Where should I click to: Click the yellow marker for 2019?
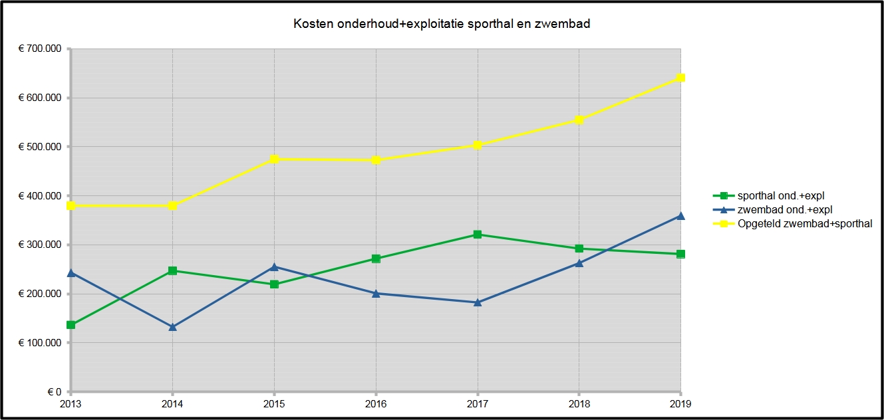[680, 78]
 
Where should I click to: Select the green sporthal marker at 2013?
[71, 325]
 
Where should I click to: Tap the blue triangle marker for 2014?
[172, 327]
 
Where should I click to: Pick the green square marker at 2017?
[478, 235]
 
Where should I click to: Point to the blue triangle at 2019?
[680, 215]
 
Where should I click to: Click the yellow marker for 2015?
[274, 159]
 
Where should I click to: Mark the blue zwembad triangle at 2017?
[478, 302]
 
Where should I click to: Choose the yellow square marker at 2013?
[71, 206]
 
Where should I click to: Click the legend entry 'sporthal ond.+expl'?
[776, 195]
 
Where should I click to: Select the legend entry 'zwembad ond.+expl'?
[776, 209]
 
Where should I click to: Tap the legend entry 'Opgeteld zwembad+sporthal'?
[796, 224]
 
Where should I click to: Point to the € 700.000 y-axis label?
[39, 49]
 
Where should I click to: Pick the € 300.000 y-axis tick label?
[39, 245]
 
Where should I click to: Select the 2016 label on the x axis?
[376, 403]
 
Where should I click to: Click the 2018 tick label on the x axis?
[579, 403]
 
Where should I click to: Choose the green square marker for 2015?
[274, 284]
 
